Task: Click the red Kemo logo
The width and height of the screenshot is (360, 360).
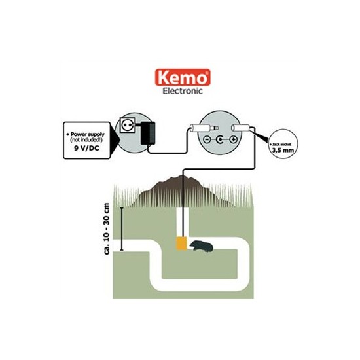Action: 183,78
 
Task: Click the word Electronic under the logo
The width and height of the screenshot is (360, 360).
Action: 183,91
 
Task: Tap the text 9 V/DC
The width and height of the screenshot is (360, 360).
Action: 86,148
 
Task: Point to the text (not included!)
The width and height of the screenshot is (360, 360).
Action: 86,140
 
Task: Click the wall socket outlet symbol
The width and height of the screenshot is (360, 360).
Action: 127,124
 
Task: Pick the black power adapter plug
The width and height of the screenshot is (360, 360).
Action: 148,134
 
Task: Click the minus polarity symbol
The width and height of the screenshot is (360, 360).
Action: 207,139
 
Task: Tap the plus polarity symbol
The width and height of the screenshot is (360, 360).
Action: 233,139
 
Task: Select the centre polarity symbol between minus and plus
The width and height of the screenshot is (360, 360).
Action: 220,139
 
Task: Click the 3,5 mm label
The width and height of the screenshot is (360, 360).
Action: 283,151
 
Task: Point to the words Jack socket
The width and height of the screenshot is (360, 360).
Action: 281,145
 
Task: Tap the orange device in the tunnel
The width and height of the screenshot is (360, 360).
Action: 181,243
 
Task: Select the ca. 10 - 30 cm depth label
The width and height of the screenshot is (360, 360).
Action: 107,228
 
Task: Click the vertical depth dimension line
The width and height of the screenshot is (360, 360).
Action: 122,229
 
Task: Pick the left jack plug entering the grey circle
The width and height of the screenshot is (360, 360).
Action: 204,128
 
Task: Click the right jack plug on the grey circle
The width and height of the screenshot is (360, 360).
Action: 241,128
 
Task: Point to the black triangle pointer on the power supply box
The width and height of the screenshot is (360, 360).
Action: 115,140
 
